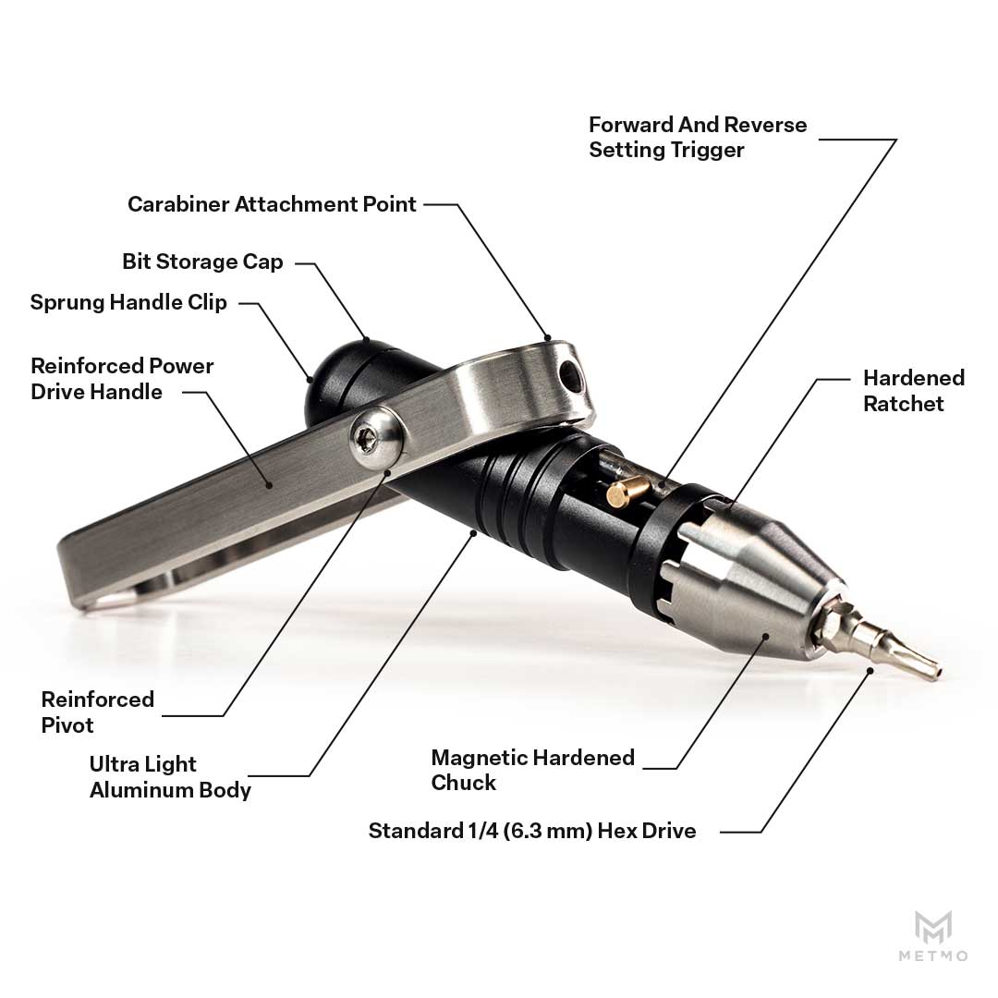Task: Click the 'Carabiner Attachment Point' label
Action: tap(272, 204)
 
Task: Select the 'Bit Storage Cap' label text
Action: tap(202, 262)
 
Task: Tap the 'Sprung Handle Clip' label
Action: tap(128, 302)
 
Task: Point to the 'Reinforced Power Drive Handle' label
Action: tap(122, 379)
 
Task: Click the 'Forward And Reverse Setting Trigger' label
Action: tap(698, 137)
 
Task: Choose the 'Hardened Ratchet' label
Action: tap(914, 390)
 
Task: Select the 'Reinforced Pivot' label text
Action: tap(98, 712)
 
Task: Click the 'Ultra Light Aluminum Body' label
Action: tap(170, 777)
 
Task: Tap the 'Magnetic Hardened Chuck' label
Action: tap(533, 770)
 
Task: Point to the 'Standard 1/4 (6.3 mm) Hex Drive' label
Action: tap(532, 831)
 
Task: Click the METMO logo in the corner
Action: tap(933, 935)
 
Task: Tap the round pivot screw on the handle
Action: tap(376, 439)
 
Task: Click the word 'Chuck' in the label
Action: tap(463, 783)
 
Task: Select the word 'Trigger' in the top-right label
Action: tap(707, 150)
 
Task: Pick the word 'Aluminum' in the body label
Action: tap(141, 790)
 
